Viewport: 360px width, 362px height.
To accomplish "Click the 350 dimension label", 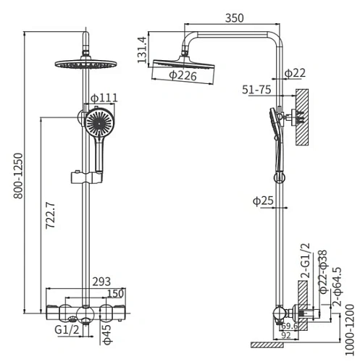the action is click(235, 18).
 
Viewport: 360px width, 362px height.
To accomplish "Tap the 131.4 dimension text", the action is click(142, 50).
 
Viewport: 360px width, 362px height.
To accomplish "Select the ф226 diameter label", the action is click(183, 76).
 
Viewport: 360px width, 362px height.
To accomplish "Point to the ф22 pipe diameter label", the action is click(295, 73).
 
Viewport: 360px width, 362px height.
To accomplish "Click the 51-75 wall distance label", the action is click(256, 90).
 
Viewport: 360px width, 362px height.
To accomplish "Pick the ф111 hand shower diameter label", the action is click(104, 98).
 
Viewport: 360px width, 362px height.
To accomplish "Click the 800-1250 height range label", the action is click(18, 176).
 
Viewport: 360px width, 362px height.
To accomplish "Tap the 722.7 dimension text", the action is click(51, 216).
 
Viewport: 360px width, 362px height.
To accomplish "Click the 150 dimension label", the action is click(115, 294).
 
